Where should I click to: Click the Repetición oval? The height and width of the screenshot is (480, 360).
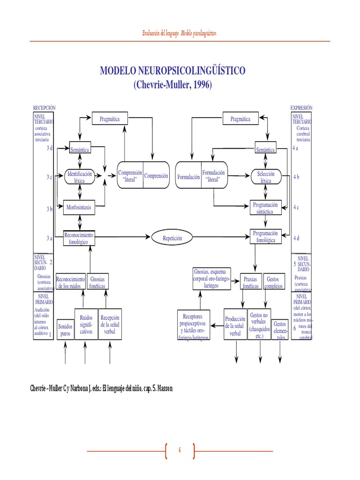click(172, 238)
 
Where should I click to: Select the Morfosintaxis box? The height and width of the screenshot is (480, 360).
click(79, 206)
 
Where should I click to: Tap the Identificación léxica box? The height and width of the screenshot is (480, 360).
click(80, 177)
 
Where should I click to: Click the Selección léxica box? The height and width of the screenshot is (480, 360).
click(266, 177)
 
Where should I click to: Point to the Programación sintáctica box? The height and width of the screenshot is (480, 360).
click(265, 208)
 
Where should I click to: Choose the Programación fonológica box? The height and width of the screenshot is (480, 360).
click(265, 237)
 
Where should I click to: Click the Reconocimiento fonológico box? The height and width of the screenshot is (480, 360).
click(79, 238)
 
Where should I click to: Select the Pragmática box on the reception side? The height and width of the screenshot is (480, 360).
click(110, 119)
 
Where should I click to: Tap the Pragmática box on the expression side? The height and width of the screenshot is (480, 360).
click(240, 119)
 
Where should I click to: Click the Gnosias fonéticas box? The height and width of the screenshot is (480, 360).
click(97, 282)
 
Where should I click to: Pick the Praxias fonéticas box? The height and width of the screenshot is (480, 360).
click(250, 282)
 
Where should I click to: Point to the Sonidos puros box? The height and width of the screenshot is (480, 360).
click(65, 330)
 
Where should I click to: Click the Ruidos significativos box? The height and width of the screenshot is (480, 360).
click(86, 324)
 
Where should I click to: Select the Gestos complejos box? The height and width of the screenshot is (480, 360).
click(273, 282)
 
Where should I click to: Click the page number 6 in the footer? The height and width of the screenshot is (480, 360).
click(179, 450)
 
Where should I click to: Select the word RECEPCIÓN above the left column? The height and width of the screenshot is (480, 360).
click(44, 107)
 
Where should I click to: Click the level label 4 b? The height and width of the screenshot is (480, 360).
click(296, 177)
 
